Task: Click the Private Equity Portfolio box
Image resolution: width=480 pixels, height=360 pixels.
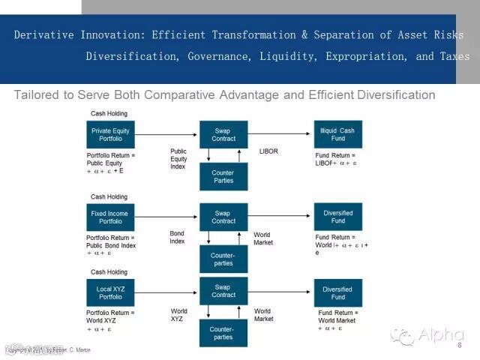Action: coord(110,134)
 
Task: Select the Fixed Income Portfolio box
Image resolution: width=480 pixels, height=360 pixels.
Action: coord(110,217)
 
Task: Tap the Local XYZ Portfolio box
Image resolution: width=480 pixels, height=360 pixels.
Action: coord(110,292)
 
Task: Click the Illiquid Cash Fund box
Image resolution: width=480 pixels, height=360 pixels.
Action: coord(337,134)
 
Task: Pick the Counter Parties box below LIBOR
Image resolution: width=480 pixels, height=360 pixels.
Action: coord(223,176)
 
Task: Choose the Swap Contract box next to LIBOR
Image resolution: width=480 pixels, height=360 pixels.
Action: coord(223,134)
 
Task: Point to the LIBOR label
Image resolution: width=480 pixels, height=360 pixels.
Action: coord(268,151)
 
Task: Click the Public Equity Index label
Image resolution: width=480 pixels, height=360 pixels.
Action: coord(178,158)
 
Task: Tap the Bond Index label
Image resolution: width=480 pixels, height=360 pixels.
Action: coord(177,237)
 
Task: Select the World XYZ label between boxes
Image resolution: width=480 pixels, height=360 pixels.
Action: coord(178,315)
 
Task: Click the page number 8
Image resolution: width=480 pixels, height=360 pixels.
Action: coord(459,346)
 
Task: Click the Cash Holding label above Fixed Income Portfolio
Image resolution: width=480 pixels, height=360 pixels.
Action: coord(109,196)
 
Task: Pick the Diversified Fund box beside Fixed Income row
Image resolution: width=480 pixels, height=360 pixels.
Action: coord(337,217)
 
